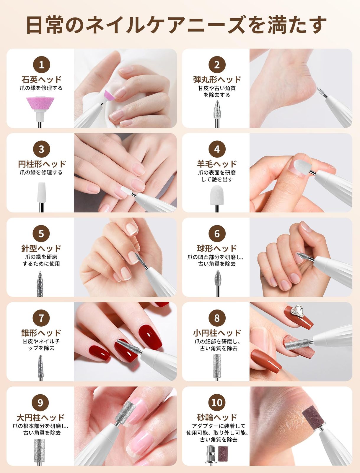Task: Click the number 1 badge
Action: (41, 65)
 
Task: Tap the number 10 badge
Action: (217, 403)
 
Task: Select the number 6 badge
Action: (217, 234)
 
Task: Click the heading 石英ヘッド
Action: (41, 80)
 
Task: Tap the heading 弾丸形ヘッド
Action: (217, 80)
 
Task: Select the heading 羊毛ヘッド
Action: (217, 164)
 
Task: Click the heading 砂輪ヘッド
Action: (217, 417)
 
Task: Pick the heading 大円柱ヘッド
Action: (40, 418)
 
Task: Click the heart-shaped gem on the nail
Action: (297, 311)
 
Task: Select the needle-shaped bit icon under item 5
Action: (40, 284)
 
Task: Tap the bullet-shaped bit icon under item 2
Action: (217, 114)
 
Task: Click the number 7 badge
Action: (41, 318)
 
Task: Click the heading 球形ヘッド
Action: (217, 248)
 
